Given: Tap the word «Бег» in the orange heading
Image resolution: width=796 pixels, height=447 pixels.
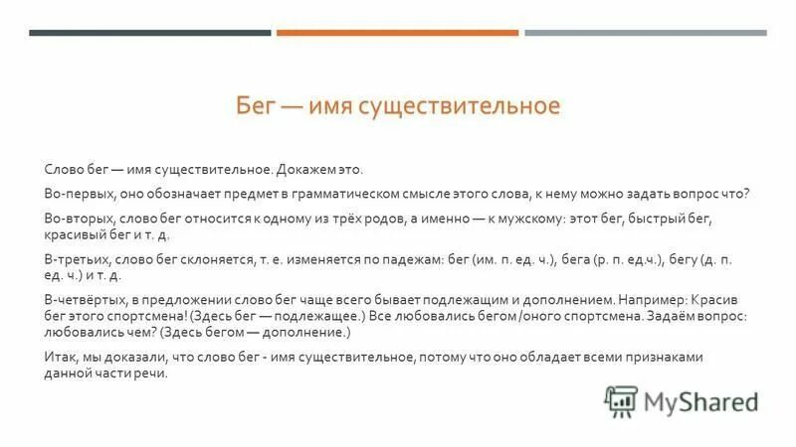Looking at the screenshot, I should pyautogui.click(x=255, y=106).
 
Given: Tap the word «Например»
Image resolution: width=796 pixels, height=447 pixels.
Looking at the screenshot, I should pyautogui.click(x=652, y=297).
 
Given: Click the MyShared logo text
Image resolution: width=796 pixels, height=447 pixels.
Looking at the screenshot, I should pyautogui.click(x=700, y=402).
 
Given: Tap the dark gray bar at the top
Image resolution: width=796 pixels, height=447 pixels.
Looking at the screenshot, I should pyautogui.click(x=149, y=33).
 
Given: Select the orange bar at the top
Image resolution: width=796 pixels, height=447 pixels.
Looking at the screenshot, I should pyautogui.click(x=397, y=33).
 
